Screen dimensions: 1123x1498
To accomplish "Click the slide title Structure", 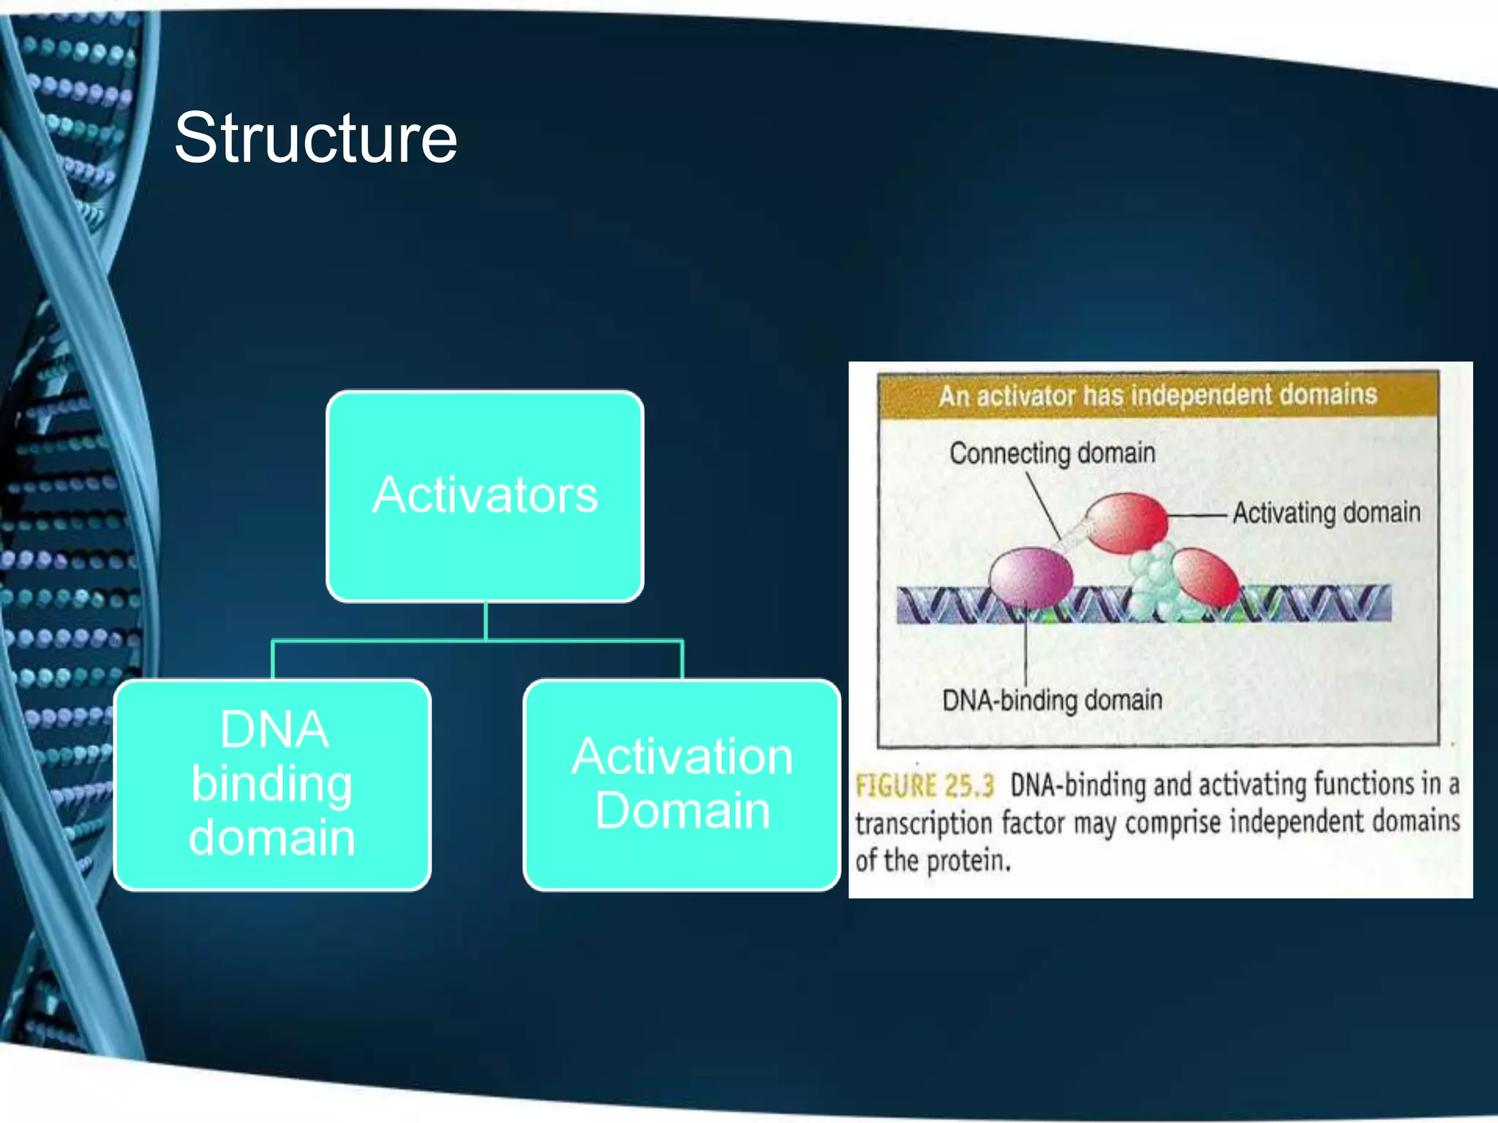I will [315, 138].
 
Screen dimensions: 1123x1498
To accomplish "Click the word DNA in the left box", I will [274, 730].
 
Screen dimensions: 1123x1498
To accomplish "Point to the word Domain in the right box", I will [682, 811].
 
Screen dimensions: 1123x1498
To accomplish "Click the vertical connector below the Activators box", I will [486, 621].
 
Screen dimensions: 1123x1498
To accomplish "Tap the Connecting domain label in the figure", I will [1052, 453].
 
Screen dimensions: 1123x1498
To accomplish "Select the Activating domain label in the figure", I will [1326, 513].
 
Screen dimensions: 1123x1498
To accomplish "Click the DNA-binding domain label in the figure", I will [1052, 700].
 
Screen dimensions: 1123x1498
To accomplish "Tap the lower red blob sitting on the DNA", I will [1205, 578].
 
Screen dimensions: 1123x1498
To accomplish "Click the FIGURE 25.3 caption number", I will [925, 786].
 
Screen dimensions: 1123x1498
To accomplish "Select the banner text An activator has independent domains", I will [1157, 396].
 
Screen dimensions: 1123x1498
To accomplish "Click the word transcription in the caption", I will [923, 824].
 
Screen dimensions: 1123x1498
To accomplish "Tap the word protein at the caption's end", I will [968, 861].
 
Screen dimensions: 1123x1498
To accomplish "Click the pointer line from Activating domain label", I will [1197, 515].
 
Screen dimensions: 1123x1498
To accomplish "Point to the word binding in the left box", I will [272, 784].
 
